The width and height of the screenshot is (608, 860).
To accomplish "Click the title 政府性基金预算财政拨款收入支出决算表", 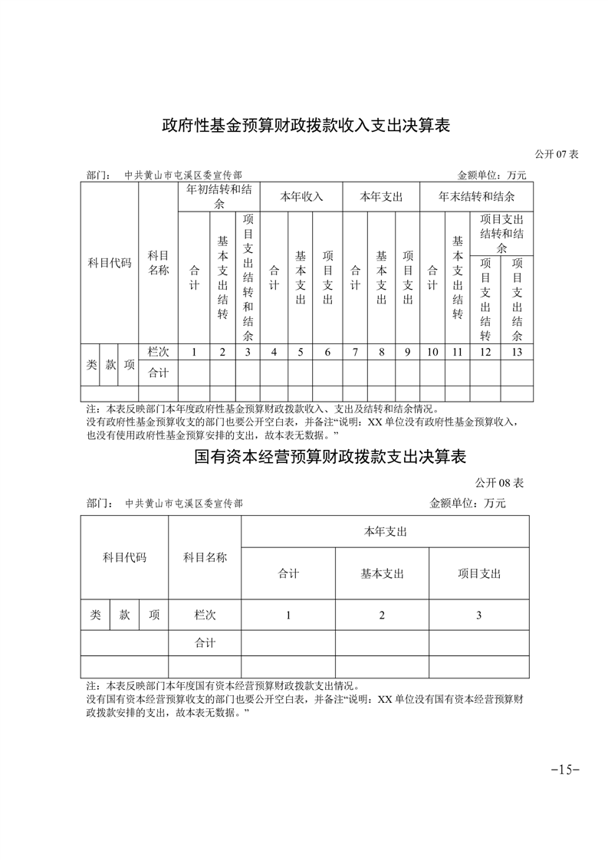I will pyautogui.click(x=304, y=125).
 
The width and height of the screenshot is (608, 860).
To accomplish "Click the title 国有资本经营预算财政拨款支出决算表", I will pyautogui.click(x=330, y=458).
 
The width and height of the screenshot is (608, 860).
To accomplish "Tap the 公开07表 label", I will pyautogui.click(x=557, y=154).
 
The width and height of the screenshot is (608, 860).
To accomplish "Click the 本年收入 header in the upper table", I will pyautogui.click(x=301, y=196).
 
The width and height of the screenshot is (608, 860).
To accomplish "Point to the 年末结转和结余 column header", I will pyautogui.click(x=476, y=196).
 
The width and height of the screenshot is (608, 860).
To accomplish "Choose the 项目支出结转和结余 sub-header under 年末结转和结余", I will pyautogui.click(x=501, y=234).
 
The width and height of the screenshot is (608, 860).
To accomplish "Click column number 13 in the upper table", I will pyautogui.click(x=517, y=353).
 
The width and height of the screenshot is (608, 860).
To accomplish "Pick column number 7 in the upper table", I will pyautogui.click(x=355, y=353).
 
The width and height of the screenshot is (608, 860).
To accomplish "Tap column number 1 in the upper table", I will pyautogui.click(x=194, y=353).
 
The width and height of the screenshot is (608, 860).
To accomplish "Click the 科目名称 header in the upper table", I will pyautogui.click(x=158, y=263).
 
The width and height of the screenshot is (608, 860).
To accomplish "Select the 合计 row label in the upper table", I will pyautogui.click(x=158, y=373).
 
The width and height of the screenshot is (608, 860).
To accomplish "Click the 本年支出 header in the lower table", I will pyautogui.click(x=385, y=531).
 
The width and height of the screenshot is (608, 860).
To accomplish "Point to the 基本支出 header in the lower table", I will pyautogui.click(x=382, y=573).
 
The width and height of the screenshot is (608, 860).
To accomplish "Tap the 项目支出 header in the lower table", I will pyautogui.click(x=479, y=573).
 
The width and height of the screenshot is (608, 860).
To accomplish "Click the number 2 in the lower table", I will pyautogui.click(x=382, y=615).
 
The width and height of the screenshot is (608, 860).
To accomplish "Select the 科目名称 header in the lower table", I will pyautogui.click(x=205, y=557).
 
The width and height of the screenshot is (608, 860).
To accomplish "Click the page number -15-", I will pyautogui.click(x=565, y=770).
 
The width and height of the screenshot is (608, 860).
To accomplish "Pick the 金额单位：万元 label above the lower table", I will pyautogui.click(x=468, y=504).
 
